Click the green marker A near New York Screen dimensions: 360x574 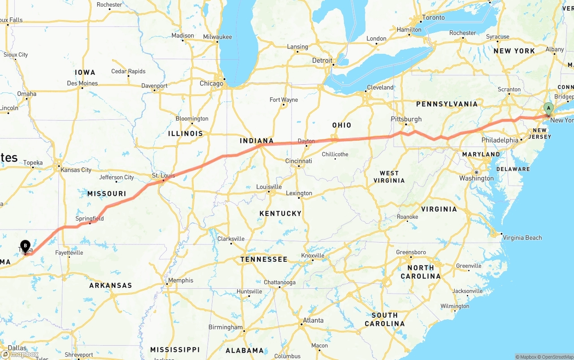pyautogui.click(x=548, y=109)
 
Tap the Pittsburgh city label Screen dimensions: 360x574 pyautogui.click(x=406, y=119)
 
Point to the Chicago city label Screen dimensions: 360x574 pyautogui.click(x=211, y=83)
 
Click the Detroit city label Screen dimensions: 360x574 pyautogui.click(x=322, y=61)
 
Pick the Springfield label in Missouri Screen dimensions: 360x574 pyautogui.click(x=90, y=219)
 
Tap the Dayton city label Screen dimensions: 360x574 pyautogui.click(x=306, y=141)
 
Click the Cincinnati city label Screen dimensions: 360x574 pyautogui.click(x=299, y=161)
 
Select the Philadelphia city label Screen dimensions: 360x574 pyautogui.click(x=500, y=140)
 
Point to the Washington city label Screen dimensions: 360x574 pyautogui.click(x=476, y=178)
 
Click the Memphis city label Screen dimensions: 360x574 pyautogui.click(x=181, y=281)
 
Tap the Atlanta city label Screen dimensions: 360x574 pyautogui.click(x=313, y=321)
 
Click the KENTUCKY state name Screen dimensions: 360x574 pyautogui.click(x=280, y=213)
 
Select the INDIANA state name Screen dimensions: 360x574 pyautogui.click(x=257, y=141)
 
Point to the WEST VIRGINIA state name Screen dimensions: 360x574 pyautogui.click(x=389, y=177)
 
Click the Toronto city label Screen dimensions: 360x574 pyautogui.click(x=434, y=17)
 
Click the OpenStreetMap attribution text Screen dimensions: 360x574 pyautogui.click(x=557, y=357)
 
